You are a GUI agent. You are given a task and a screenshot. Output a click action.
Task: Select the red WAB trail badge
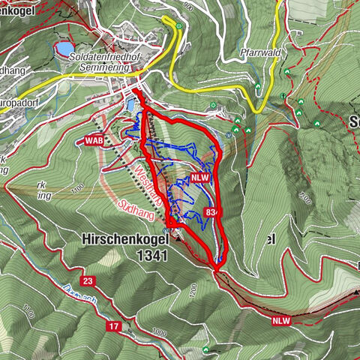click(93, 140)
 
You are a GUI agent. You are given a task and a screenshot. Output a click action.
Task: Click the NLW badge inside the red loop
click(199, 178)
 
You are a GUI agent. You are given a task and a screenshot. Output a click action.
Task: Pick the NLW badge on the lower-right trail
click(280, 320)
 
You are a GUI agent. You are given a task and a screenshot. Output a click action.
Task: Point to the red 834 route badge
click(211, 214)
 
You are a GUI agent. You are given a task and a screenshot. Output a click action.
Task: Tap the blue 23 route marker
click(88, 280)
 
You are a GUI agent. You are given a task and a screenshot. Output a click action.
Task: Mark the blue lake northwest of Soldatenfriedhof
click(63, 50)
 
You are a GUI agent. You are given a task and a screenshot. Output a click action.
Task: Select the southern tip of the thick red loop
click(217, 267)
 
